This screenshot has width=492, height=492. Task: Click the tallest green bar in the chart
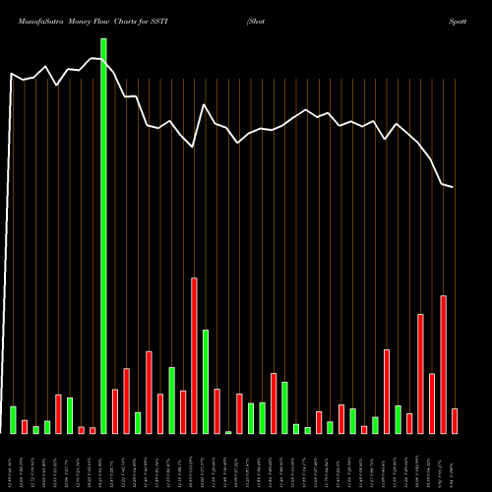103,236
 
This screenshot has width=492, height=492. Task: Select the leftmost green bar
13,419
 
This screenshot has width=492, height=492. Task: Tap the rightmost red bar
455,421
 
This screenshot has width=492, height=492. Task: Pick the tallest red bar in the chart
194,355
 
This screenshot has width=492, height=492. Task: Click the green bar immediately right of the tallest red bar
206,382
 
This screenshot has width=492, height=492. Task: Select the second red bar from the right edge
443,364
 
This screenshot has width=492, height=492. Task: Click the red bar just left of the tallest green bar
92,430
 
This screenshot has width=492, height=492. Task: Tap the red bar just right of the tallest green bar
115,411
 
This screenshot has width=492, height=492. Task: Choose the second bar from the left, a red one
25,426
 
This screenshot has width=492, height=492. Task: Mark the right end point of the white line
454,187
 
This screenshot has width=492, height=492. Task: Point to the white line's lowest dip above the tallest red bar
194,147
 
